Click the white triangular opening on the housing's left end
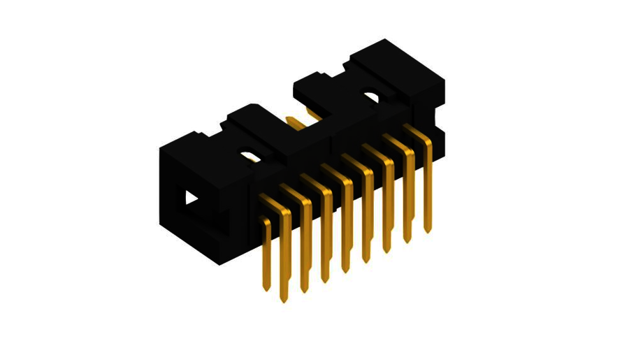(191, 199)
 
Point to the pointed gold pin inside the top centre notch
(297, 124)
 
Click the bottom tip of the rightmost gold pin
(428, 229)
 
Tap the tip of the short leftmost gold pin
(266, 289)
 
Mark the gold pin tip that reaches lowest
(284, 300)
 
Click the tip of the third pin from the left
(305, 290)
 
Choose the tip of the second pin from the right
(407, 241)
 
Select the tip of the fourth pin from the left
(325, 281)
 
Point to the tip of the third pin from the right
(386, 251)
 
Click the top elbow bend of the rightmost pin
(427, 140)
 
